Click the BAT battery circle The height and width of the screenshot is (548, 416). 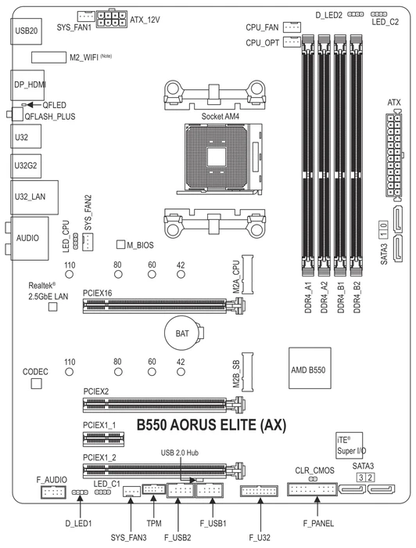[x=182, y=333]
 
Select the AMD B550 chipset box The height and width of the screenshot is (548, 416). [x=310, y=368]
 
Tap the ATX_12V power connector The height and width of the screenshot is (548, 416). [x=111, y=19]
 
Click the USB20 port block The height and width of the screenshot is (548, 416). [x=26, y=31]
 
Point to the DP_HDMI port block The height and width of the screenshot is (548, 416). [x=27, y=85]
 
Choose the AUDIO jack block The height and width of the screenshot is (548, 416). [x=29, y=238]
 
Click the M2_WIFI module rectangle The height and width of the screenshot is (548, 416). [x=48, y=57]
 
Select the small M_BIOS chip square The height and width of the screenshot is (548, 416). [x=120, y=244]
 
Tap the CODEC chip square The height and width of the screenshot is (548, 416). [x=36, y=384]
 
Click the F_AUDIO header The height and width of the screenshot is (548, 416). [x=53, y=492]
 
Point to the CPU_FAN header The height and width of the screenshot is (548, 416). [x=292, y=27]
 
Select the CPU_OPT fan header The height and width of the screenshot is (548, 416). [x=292, y=41]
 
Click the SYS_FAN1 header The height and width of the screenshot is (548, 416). [x=86, y=16]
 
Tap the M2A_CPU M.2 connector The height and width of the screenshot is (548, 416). [x=247, y=274]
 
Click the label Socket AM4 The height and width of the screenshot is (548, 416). [x=221, y=117]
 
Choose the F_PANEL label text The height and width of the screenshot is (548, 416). [x=318, y=523]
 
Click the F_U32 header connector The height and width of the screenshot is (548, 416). [x=260, y=491]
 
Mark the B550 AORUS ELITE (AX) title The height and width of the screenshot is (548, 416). [x=211, y=425]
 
